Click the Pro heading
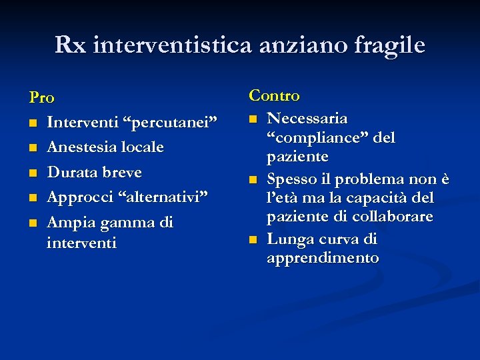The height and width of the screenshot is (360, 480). click(41, 98)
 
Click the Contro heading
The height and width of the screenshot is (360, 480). click(275, 96)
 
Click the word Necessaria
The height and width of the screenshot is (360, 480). click(307, 119)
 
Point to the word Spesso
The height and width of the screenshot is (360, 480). click(291, 179)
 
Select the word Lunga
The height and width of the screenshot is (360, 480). click(288, 239)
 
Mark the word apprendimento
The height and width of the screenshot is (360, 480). click(323, 258)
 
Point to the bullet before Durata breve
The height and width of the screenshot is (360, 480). click(33, 173)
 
